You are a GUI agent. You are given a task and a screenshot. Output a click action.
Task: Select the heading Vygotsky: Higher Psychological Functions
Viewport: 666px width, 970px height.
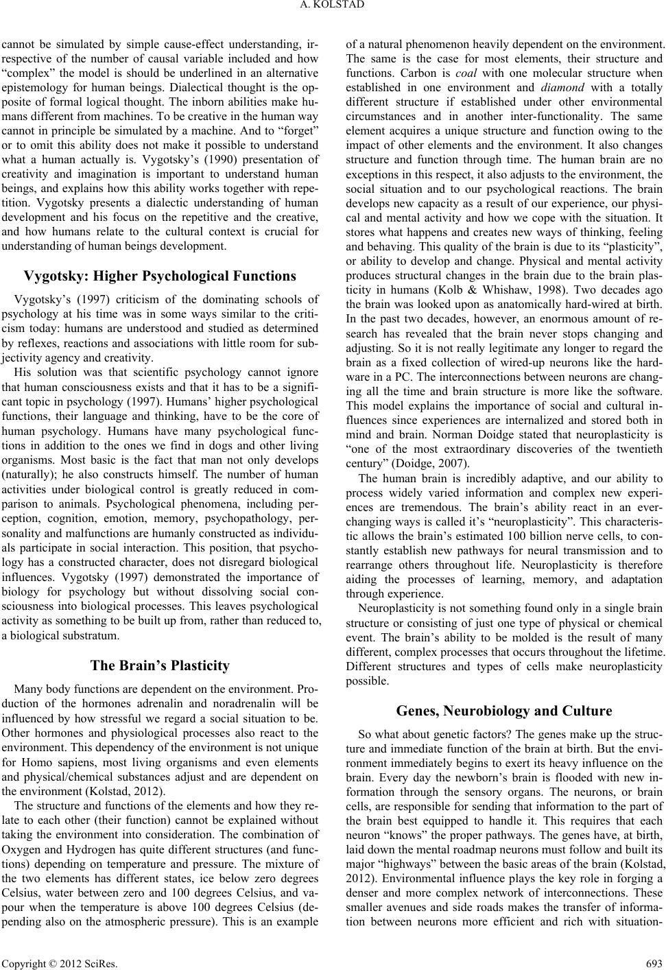click(x=160, y=258)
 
